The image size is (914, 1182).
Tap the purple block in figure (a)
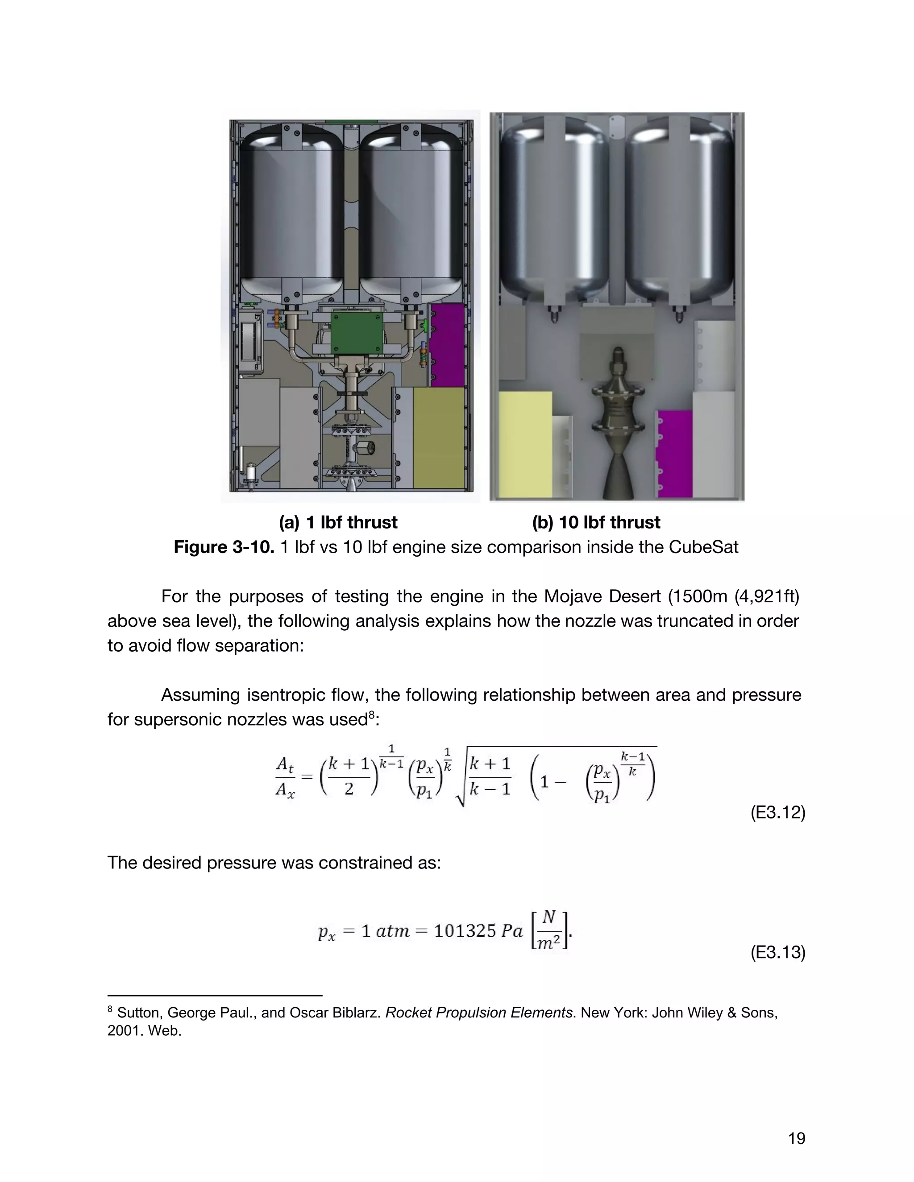point(447,344)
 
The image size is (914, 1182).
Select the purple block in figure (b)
point(674,452)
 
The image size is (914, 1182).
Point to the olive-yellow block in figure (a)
point(439,437)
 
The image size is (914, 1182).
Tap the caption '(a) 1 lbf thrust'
point(338,522)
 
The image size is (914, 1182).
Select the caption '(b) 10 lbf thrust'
point(596,522)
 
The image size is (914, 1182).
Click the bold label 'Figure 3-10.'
point(224,547)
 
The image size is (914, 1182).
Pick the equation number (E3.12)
point(777,812)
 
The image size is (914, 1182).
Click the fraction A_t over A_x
point(285,777)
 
